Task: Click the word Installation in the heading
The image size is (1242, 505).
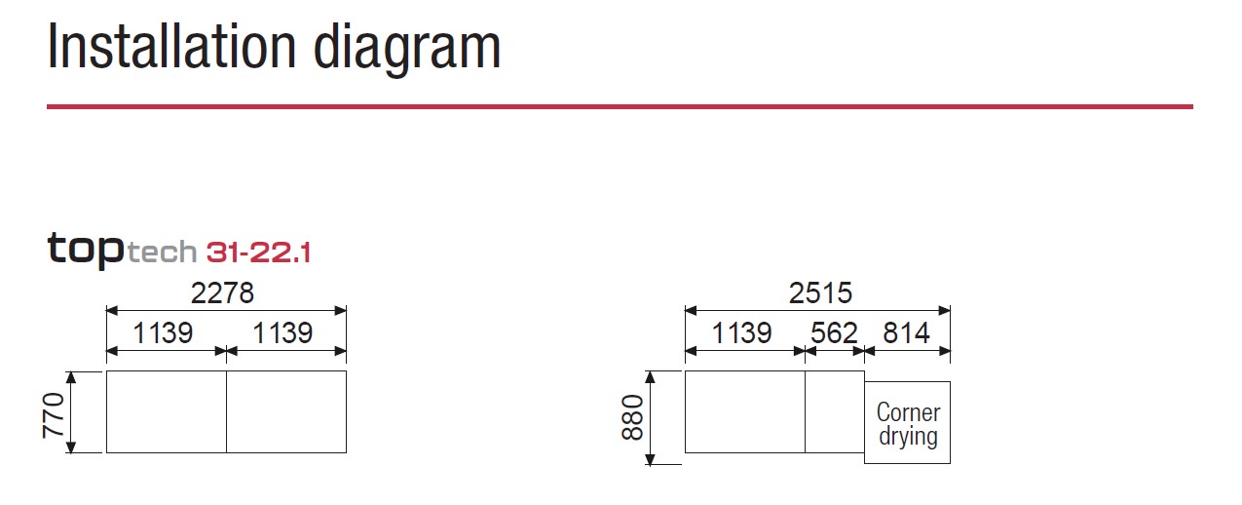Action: tap(172, 46)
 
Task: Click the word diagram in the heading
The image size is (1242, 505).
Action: tap(407, 50)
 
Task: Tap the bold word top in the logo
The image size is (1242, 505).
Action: tap(86, 250)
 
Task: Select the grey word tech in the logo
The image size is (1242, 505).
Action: tap(162, 252)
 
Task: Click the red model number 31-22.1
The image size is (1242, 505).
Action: tap(258, 252)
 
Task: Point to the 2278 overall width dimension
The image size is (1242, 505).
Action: tap(222, 292)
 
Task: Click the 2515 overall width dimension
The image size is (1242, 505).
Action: tap(820, 292)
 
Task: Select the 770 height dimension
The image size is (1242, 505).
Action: tap(54, 415)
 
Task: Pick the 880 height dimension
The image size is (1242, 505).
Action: tap(632, 417)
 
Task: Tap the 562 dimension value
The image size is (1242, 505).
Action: tap(834, 333)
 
